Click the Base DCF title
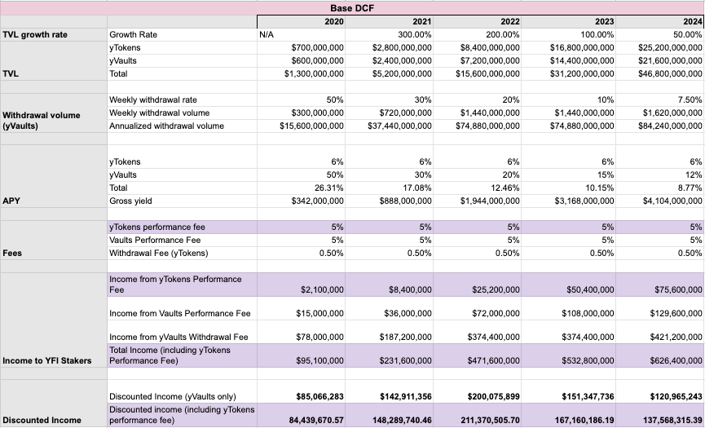click(352, 8)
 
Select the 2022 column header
click(510, 21)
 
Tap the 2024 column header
click(693, 21)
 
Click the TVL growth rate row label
click(35, 34)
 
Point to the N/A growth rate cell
click(267, 34)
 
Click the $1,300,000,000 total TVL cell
click(314, 73)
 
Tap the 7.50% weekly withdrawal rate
click(690, 99)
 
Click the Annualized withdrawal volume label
click(166, 126)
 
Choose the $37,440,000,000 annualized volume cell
click(399, 126)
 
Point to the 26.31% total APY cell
click(328, 188)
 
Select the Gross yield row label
click(130, 201)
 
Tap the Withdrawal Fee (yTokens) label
click(159, 253)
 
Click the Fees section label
click(12, 253)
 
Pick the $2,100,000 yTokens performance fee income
click(322, 290)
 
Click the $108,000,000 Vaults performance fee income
click(588, 313)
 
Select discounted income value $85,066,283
click(319, 396)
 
